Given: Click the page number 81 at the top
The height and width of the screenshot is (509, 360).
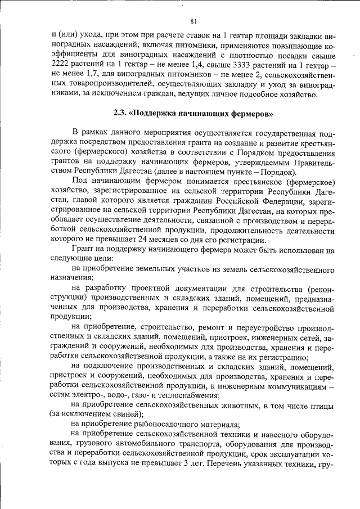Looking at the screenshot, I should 193,22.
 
